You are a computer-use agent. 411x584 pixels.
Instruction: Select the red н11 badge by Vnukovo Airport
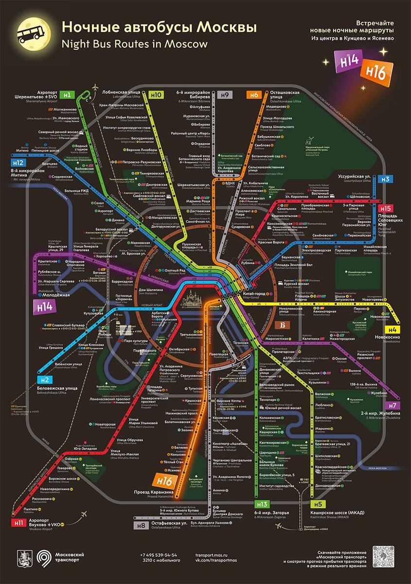click(x=18, y=523)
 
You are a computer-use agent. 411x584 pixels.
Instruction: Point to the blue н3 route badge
click(x=386, y=179)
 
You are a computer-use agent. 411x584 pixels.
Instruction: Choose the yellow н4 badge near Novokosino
click(x=393, y=329)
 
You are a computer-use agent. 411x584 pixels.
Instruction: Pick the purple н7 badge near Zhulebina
click(x=392, y=405)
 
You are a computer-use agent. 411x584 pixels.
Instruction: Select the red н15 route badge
click(x=387, y=208)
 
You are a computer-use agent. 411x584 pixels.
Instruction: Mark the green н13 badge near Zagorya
click(x=262, y=504)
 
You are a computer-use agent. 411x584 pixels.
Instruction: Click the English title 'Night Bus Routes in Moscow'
click(x=134, y=43)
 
